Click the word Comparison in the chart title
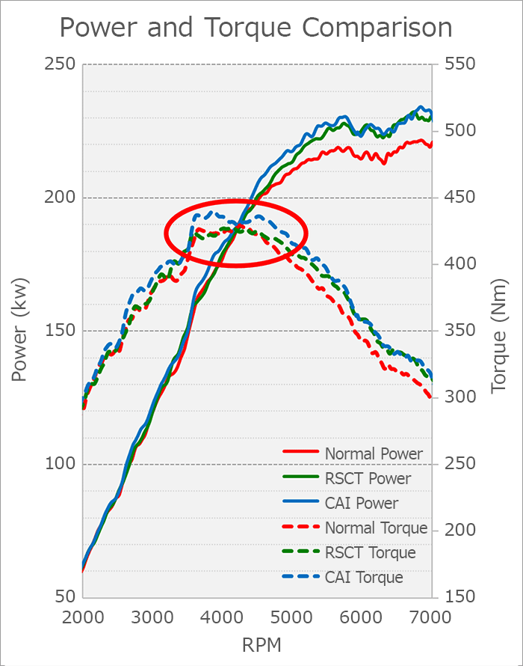(x=377, y=28)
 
